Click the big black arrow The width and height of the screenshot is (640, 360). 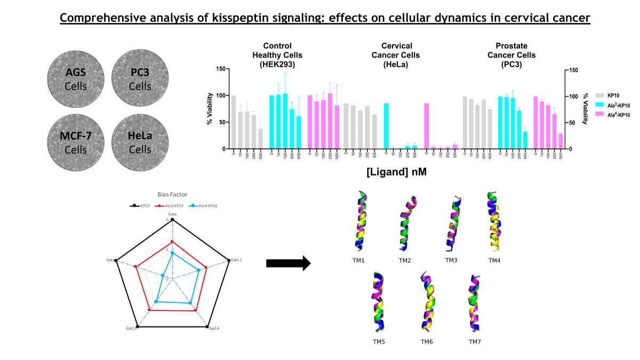coord(288,263)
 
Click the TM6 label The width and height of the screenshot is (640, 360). coord(427,341)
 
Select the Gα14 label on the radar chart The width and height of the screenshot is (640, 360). coord(213,328)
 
